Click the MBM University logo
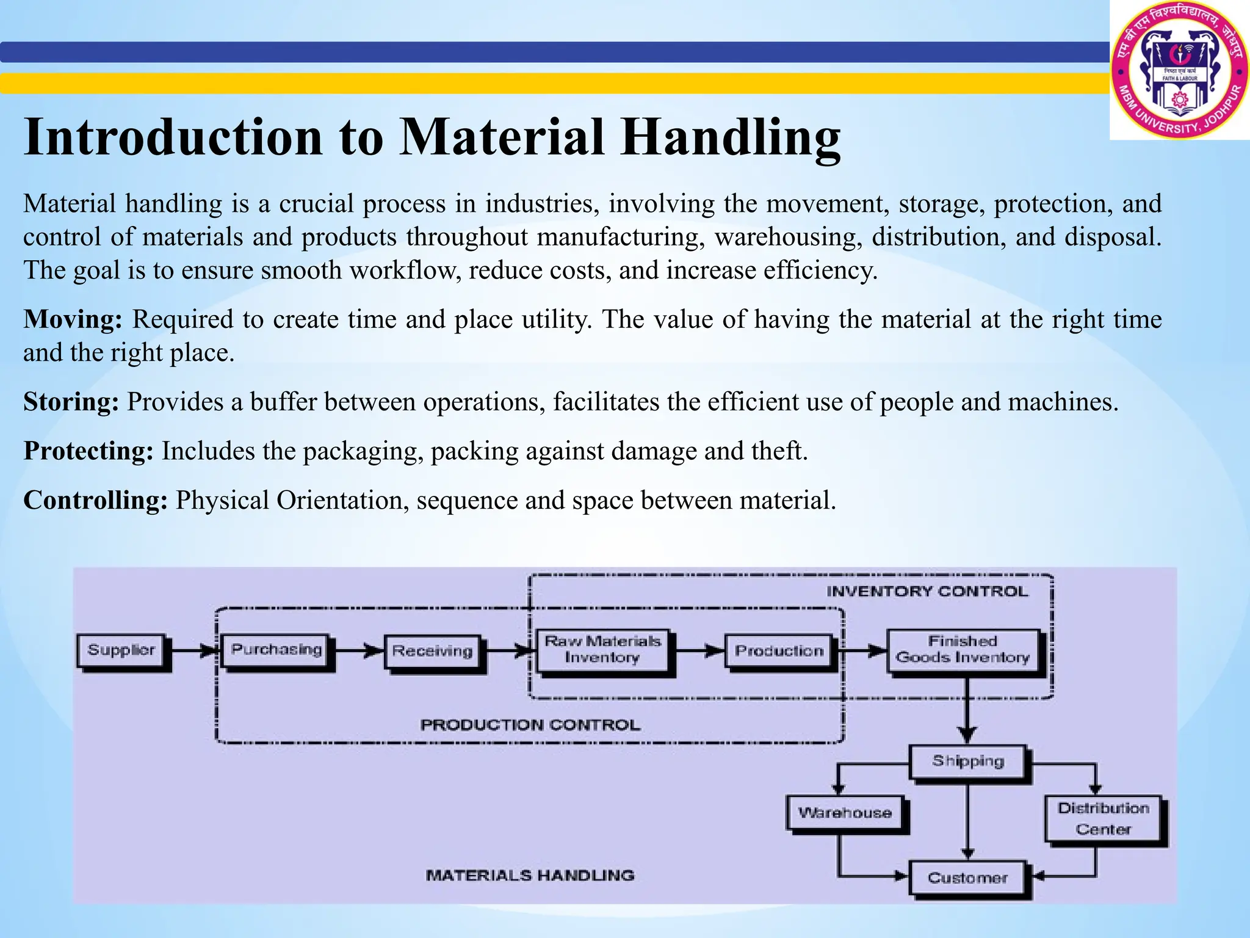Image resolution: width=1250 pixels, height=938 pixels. (x=1179, y=70)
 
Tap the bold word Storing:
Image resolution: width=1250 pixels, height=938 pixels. (x=71, y=402)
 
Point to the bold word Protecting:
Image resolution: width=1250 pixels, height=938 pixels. (x=89, y=451)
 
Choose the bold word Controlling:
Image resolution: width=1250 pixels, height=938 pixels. (x=95, y=500)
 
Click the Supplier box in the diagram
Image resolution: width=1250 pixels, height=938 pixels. (x=121, y=650)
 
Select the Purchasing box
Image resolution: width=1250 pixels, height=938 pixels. (x=276, y=650)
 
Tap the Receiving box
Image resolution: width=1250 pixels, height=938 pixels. (x=432, y=652)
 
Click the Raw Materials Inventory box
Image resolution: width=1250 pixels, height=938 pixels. (x=602, y=650)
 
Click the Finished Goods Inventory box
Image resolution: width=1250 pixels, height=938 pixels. (x=963, y=650)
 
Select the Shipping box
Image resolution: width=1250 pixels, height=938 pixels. (x=967, y=762)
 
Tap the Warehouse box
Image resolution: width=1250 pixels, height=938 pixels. (x=845, y=813)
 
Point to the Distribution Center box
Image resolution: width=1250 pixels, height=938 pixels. (x=1103, y=818)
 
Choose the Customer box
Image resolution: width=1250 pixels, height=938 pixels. (x=967, y=878)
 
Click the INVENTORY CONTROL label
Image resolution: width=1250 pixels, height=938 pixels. (x=927, y=591)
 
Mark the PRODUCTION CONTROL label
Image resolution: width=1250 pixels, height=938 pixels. (x=530, y=725)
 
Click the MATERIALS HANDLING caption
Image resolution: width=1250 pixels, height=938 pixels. (x=530, y=875)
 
